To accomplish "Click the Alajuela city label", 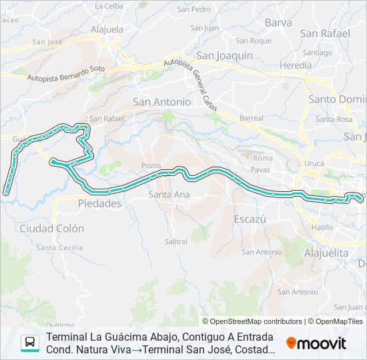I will (107, 29).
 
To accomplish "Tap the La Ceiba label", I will (109, 6).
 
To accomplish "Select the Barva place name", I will (278, 23).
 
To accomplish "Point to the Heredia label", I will (295, 65).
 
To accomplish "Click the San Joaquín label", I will (224, 56).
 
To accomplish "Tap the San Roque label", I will (256, 41).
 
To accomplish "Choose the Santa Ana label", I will (169, 195).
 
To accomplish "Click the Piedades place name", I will (99, 204).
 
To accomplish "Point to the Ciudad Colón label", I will (52, 228).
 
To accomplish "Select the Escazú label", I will (250, 219).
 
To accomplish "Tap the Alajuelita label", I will (326, 253).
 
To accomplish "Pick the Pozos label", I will (151, 165).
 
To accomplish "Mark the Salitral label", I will (175, 241).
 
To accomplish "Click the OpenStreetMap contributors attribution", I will (252, 321).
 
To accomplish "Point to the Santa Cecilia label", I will (60, 247).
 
